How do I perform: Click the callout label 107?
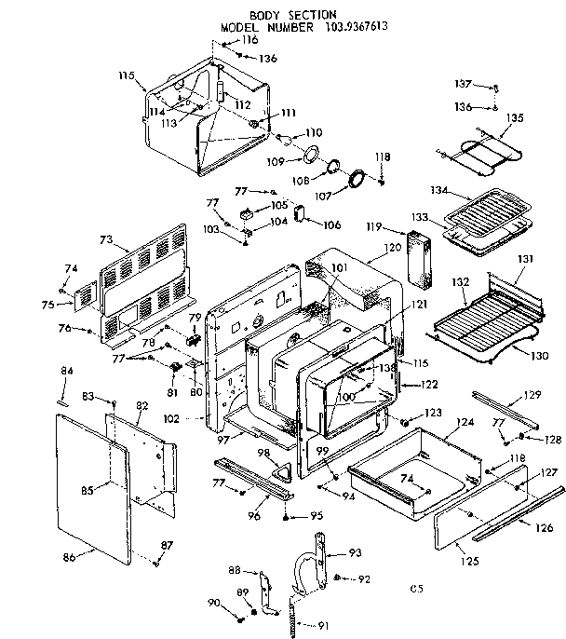point(349,197)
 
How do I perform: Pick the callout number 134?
point(438,192)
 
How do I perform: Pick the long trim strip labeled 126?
point(517,512)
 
